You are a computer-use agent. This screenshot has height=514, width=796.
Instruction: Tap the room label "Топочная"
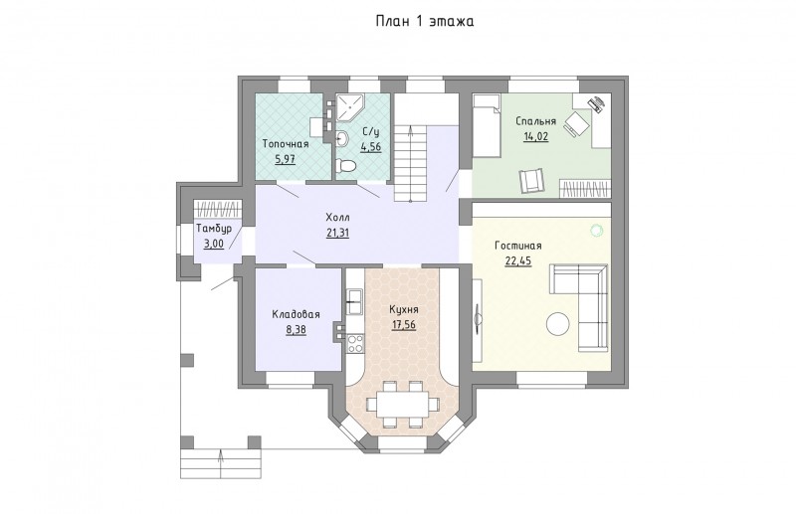pyautogui.click(x=286, y=144)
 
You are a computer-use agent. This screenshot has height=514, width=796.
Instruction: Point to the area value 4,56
pyautogui.click(x=371, y=146)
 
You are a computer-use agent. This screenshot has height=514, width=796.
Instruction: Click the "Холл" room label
pyautogui.click(x=338, y=218)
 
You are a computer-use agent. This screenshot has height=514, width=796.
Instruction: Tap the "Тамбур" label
pyautogui.click(x=213, y=229)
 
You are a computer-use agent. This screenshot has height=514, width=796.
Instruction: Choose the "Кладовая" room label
pyautogui.click(x=296, y=314)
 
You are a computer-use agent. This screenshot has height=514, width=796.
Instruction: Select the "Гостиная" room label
pyautogui.click(x=517, y=246)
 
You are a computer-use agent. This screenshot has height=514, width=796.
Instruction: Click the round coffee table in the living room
pyautogui.click(x=557, y=324)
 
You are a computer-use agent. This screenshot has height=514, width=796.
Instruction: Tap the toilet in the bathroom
pyautogui.click(x=346, y=166)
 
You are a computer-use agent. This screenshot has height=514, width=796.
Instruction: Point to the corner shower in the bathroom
pyautogui.click(x=350, y=107)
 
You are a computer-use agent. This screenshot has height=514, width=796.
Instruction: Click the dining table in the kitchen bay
pyautogui.click(x=403, y=404)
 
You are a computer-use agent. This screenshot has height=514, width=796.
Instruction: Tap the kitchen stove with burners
pyautogui.click(x=353, y=344)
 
